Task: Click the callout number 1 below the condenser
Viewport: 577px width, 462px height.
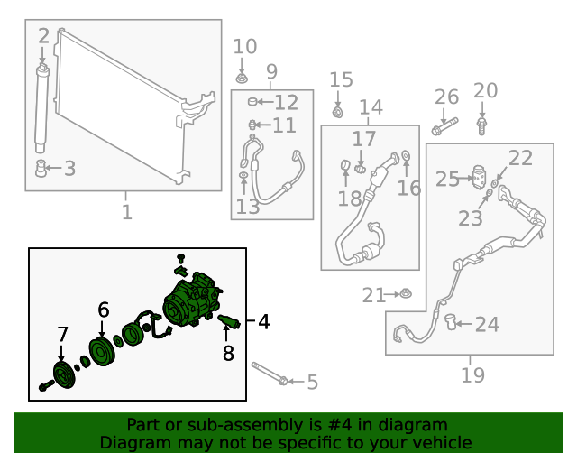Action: point(126,212)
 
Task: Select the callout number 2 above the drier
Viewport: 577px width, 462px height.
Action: point(43,36)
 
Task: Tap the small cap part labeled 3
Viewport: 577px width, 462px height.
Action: point(41,167)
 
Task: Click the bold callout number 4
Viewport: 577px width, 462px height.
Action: point(263,321)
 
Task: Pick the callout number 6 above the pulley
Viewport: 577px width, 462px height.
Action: point(104,310)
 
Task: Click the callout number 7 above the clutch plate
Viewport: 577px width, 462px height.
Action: point(62,334)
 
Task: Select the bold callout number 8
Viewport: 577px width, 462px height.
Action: point(228,353)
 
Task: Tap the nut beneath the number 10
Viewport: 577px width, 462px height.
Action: point(242,75)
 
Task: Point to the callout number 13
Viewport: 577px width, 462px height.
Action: point(248,208)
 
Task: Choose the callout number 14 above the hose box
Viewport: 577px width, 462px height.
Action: point(371,109)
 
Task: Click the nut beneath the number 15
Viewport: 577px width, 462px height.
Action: point(337,112)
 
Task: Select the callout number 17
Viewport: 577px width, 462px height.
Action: point(363,139)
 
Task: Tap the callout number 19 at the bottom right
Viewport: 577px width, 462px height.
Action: point(472,374)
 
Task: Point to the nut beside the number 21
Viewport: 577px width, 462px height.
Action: point(406,293)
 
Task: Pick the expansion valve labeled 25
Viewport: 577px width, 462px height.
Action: point(480,179)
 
